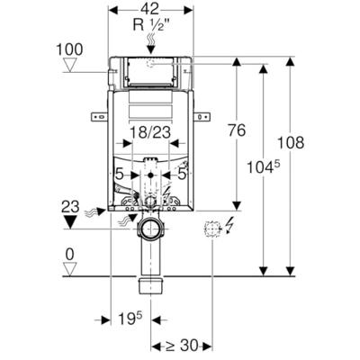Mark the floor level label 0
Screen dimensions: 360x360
point(70,255)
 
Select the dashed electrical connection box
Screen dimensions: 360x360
point(211,229)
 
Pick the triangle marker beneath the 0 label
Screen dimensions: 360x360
point(70,268)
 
